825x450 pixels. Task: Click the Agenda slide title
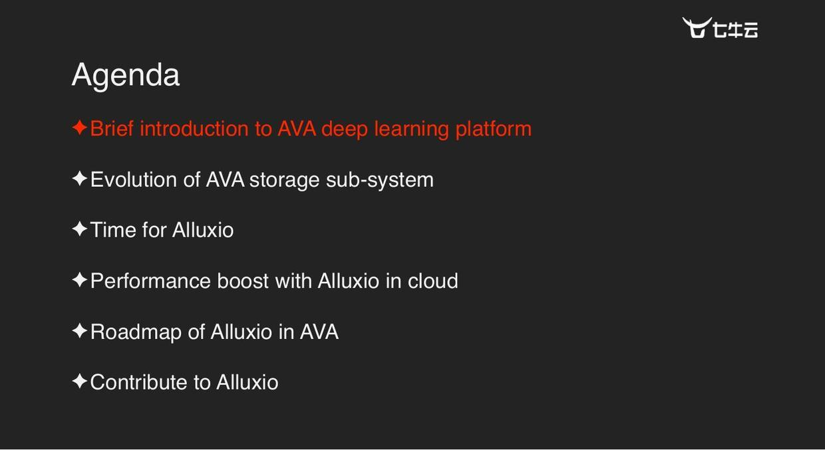pyautogui.click(x=125, y=74)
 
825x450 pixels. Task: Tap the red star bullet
pyautogui.click(x=79, y=128)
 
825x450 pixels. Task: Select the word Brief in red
pyautogui.click(x=112, y=128)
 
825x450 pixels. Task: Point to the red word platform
pyautogui.click(x=493, y=129)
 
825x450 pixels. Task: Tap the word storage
pyautogui.click(x=284, y=180)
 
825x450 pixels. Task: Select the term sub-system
pyautogui.click(x=379, y=180)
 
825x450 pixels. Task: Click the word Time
pyautogui.click(x=113, y=230)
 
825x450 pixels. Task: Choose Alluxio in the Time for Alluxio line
pyautogui.click(x=203, y=230)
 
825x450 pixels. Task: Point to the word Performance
pyautogui.click(x=150, y=281)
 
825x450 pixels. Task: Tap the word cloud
pyautogui.click(x=432, y=281)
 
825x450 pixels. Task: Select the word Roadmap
pyautogui.click(x=136, y=332)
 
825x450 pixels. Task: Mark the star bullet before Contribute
pyautogui.click(x=79, y=382)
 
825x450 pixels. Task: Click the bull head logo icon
pyautogui.click(x=697, y=28)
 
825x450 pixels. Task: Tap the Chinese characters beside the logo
pyautogui.click(x=735, y=30)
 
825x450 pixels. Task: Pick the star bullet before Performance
pyautogui.click(x=79, y=280)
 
